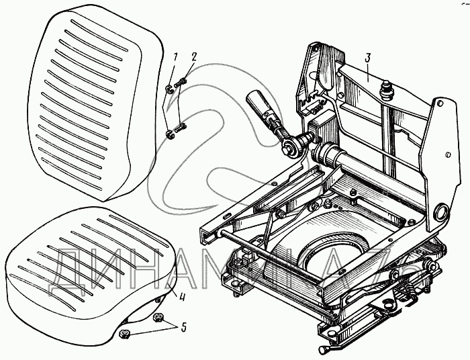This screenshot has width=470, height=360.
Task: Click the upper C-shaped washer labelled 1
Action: tap(168, 87)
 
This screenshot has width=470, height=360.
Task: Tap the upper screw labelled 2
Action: tap(181, 84)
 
